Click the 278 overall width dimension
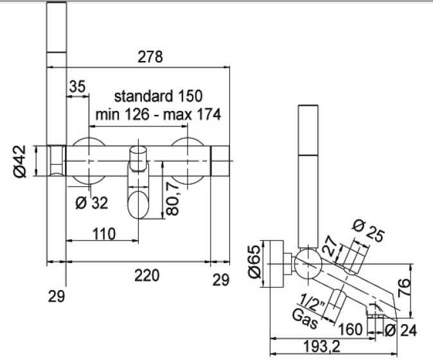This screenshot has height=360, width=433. (150, 56)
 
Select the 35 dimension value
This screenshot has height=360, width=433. (77, 87)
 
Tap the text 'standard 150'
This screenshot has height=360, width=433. (157, 96)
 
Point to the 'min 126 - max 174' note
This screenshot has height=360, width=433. (157, 115)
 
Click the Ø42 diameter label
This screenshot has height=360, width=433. (21, 161)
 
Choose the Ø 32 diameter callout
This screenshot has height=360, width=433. (91, 203)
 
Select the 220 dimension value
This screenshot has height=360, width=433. (146, 275)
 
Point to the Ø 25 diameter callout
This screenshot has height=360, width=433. (369, 230)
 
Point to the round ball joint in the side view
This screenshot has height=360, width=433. (307, 262)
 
